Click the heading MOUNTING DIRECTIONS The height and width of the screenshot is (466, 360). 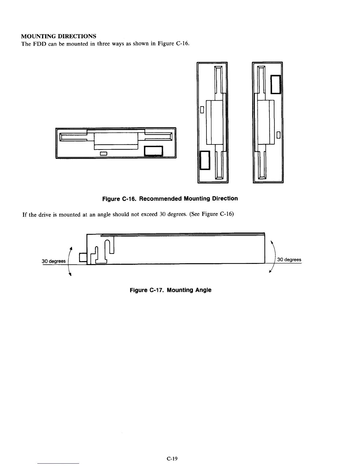59,36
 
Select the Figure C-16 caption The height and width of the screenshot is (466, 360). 170,199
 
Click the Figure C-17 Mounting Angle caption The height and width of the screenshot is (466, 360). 171,290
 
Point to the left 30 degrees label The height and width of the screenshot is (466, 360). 54,261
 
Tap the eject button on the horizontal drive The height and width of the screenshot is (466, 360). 153,151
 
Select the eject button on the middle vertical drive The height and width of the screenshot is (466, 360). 204,160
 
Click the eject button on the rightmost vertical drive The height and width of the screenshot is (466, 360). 276,84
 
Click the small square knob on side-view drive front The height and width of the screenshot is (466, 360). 83,257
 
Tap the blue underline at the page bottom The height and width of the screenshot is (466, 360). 59,464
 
